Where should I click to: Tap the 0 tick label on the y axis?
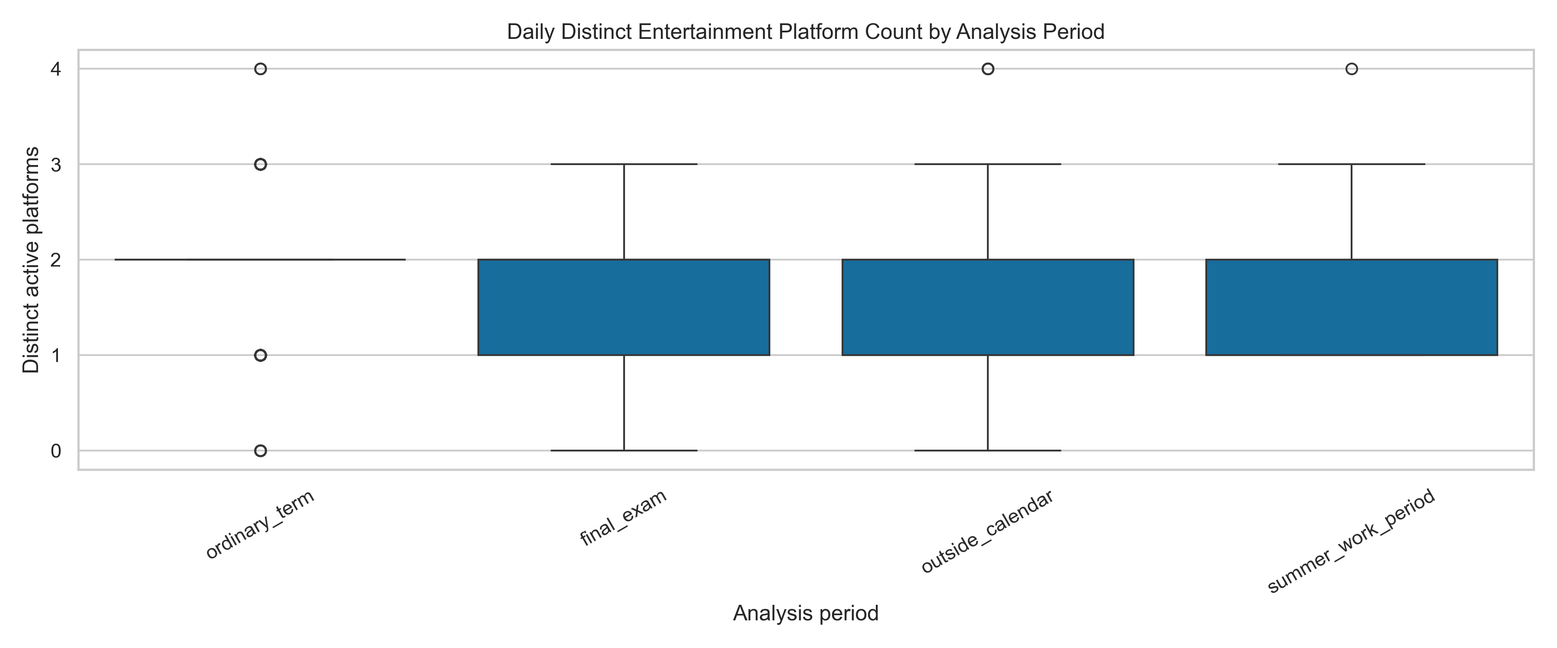[x=56, y=451]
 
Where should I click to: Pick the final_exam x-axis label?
[x=624, y=518]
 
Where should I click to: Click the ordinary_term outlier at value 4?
[x=260, y=69]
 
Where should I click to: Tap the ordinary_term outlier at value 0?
[x=260, y=451]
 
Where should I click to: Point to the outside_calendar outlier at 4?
[x=988, y=69]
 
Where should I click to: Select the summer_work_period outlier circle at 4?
[x=1352, y=69]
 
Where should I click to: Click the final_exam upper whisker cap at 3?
[x=624, y=164]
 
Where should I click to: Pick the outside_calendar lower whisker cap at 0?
[x=988, y=451]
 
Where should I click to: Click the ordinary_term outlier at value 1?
[x=260, y=355]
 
